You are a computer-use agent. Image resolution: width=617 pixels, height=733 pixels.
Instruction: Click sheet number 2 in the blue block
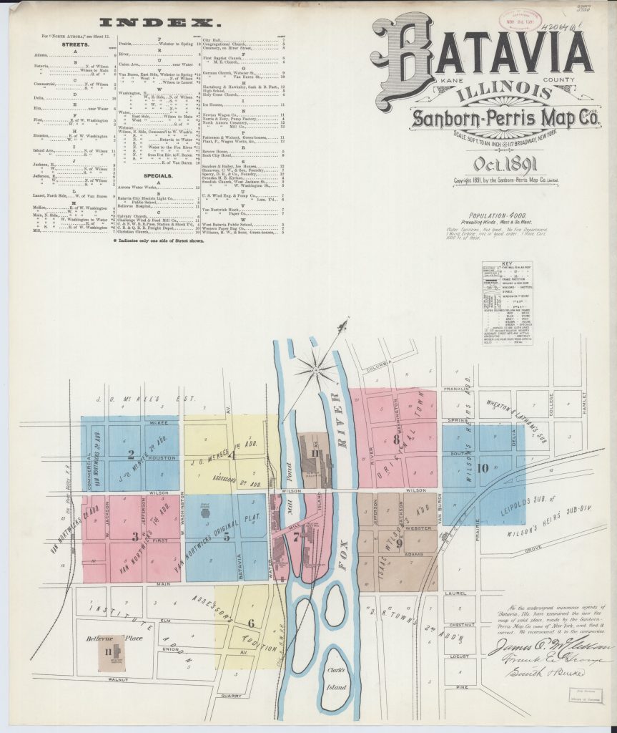tap(131, 453)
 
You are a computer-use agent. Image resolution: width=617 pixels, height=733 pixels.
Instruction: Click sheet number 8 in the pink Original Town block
tap(395, 440)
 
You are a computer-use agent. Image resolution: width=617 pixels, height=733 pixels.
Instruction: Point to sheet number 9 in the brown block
tap(399, 543)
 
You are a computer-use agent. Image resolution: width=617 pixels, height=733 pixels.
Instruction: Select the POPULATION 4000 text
tap(503, 215)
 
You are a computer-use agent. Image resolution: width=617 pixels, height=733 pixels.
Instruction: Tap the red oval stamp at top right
tap(520, 20)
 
